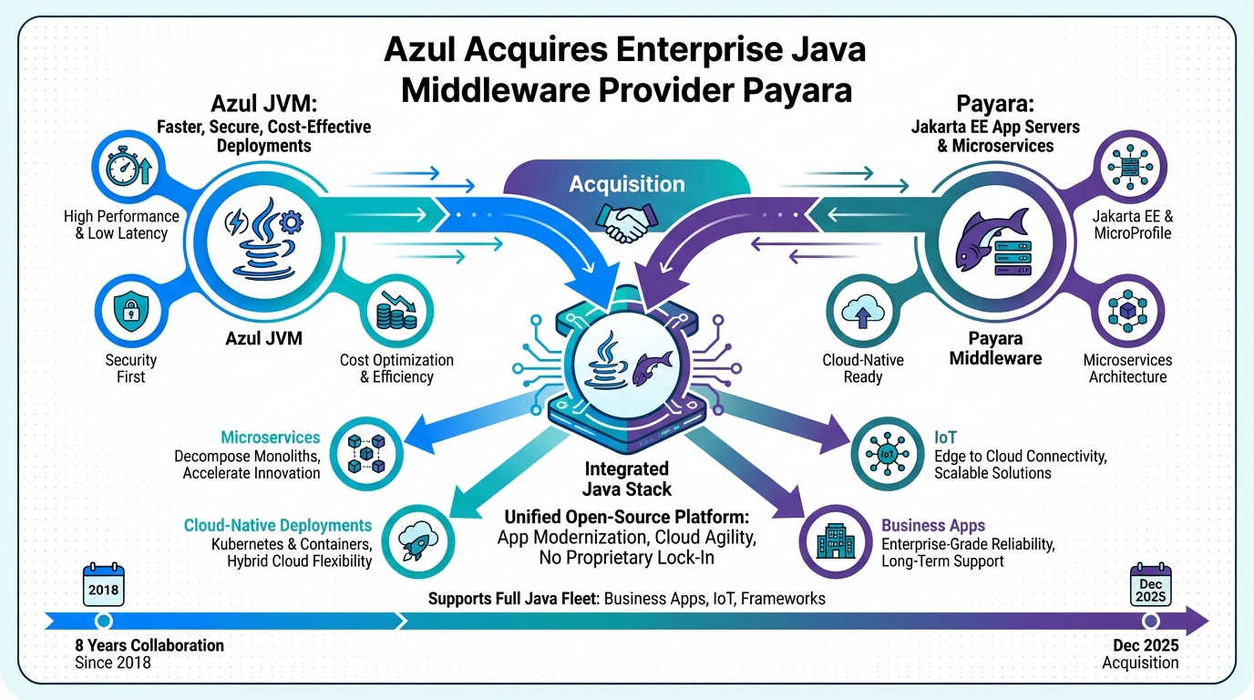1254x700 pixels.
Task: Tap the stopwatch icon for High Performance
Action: (127, 168)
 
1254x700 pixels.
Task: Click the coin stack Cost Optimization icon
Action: (397, 312)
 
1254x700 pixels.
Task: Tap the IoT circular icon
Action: (884, 452)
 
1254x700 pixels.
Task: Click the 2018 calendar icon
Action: (103, 585)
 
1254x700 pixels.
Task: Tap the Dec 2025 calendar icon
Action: (1150, 585)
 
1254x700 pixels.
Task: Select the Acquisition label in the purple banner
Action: (626, 184)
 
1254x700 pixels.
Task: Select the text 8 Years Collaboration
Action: (149, 645)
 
